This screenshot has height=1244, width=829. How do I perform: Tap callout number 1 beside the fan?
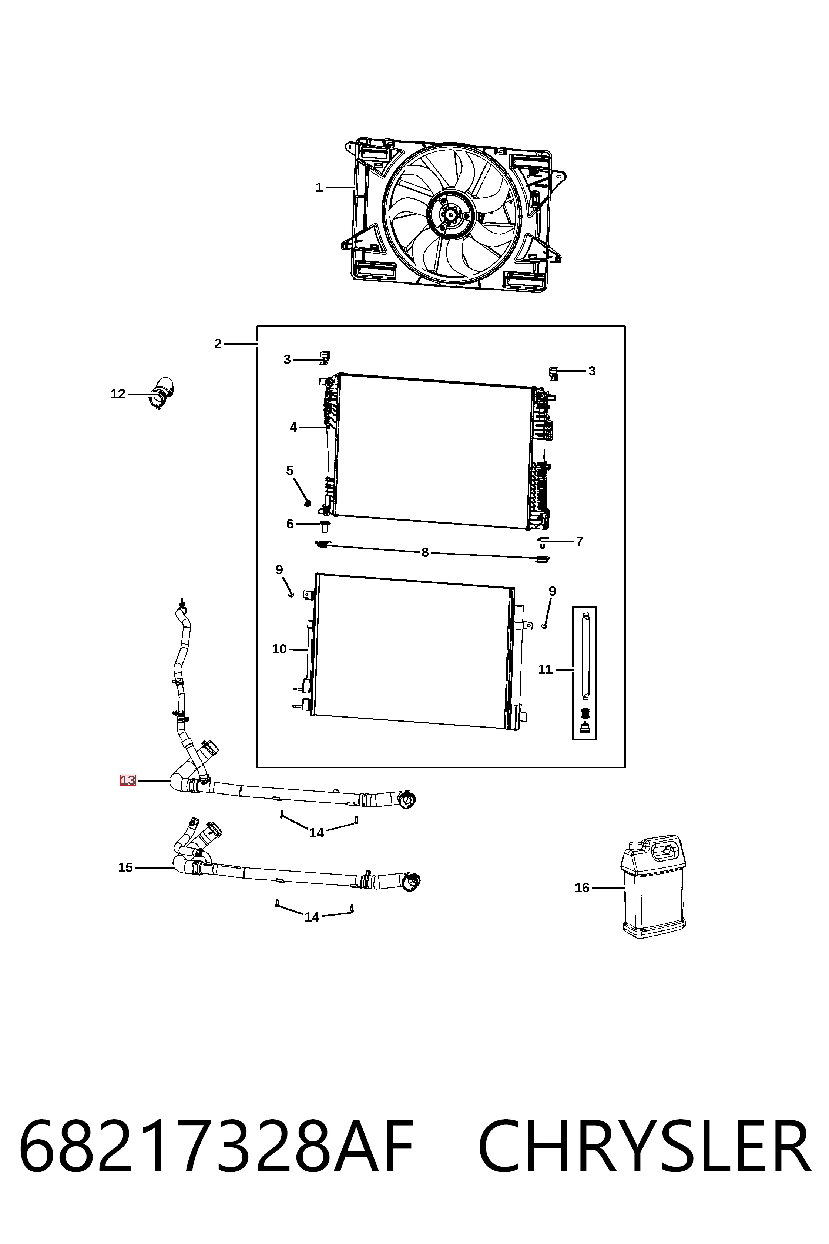(319, 187)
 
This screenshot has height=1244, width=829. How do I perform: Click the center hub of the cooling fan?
(451, 214)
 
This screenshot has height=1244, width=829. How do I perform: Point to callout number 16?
(581, 887)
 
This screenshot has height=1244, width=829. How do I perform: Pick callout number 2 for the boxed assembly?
(218, 344)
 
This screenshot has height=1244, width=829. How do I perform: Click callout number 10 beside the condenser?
(279, 649)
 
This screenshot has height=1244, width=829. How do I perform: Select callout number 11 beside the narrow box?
(545, 670)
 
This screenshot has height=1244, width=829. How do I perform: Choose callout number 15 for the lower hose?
(125, 867)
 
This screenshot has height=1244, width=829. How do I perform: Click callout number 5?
(290, 471)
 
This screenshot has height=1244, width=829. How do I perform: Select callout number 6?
(290, 524)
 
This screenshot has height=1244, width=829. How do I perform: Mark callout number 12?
(118, 394)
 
